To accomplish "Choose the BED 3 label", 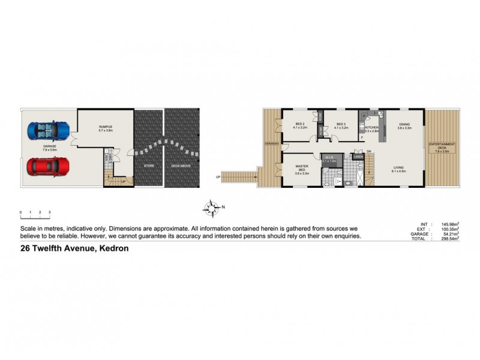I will [x=341, y=124].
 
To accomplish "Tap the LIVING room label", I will [x=398, y=167].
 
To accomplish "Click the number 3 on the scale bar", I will [x=49, y=213].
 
